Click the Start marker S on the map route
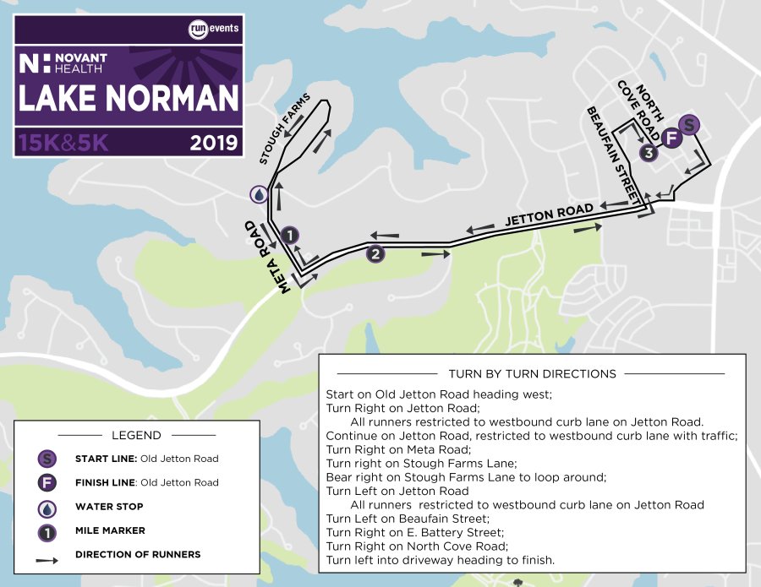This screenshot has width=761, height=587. click(690, 125)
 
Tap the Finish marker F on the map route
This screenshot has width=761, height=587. click(672, 138)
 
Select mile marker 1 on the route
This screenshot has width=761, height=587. click(289, 235)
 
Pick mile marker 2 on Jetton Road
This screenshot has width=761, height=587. click(375, 253)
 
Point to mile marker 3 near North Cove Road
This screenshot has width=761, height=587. click(649, 153)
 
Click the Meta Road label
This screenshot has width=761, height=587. click(268, 258)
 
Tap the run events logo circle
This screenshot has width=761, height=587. click(199, 30)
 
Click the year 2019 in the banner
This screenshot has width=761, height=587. click(214, 143)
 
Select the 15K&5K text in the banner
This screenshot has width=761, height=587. click(63, 143)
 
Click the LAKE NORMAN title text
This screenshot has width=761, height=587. click(129, 99)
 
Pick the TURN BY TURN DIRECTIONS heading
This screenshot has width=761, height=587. click(532, 373)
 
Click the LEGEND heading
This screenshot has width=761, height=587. click(135, 436)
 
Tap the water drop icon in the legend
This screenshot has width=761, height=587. click(48, 507)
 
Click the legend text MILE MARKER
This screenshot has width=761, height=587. click(109, 531)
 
